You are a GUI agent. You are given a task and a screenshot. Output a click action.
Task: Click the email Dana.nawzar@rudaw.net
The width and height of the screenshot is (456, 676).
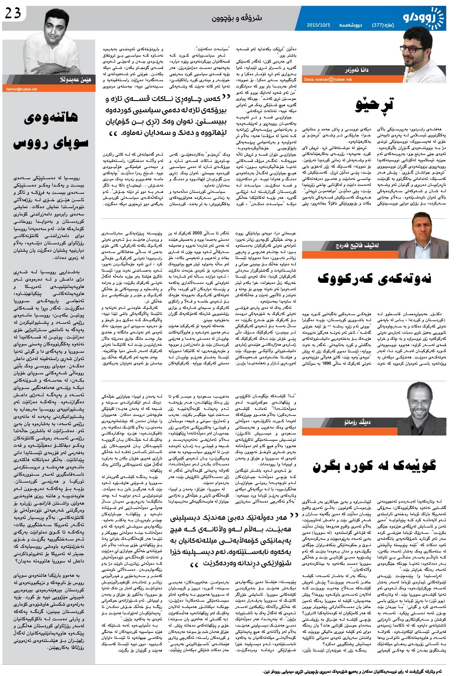[x=328, y=79]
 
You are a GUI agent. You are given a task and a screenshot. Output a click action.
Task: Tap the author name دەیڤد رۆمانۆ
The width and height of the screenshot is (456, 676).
[x=358, y=422]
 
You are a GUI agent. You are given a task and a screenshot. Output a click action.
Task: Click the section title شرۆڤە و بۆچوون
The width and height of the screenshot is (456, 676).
[x=237, y=18]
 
